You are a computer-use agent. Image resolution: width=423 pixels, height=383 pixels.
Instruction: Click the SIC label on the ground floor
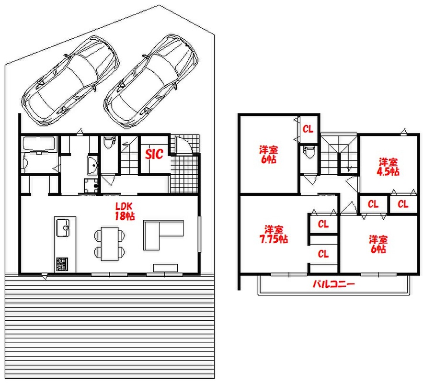[x=154, y=154]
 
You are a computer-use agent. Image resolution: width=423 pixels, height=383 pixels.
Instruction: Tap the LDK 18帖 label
[x=125, y=211]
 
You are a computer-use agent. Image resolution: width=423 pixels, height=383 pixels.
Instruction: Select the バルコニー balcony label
[x=333, y=284]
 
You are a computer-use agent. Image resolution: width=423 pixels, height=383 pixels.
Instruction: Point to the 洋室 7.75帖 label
[x=274, y=234]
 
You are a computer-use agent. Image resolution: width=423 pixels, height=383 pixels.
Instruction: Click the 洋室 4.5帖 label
[x=388, y=167]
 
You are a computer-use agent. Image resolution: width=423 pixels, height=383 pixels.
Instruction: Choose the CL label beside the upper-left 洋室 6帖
[x=308, y=129]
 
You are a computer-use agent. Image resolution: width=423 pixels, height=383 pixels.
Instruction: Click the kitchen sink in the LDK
[x=63, y=228]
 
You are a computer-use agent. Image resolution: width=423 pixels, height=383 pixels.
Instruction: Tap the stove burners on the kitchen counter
[x=62, y=264]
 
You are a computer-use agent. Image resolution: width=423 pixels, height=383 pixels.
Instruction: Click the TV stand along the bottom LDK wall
[x=165, y=268]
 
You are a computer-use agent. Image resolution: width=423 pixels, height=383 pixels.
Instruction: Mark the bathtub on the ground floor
[x=39, y=144]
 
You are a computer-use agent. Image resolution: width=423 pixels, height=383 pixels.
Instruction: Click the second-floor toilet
[x=309, y=153]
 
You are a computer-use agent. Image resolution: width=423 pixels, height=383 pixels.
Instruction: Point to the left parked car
[x=71, y=81]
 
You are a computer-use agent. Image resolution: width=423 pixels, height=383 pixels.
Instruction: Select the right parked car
[x=151, y=81]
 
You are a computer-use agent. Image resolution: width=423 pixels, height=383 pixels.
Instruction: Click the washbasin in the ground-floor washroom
[x=92, y=165]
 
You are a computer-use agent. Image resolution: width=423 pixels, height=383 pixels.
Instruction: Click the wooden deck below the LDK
[x=110, y=327]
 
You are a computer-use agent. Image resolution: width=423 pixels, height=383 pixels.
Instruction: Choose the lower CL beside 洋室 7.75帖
[x=323, y=254]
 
